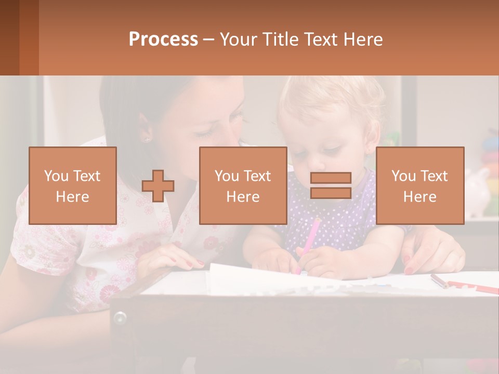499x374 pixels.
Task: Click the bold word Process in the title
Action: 163,39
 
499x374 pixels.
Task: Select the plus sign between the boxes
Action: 158,185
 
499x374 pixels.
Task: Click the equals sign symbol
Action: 331,185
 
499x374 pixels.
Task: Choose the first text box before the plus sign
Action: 73,185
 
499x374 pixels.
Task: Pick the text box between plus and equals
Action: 243,185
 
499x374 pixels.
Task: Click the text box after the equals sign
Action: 419,185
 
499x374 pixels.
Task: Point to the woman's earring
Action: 147,139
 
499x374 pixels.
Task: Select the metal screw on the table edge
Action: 120,317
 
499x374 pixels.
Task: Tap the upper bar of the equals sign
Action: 331,178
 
